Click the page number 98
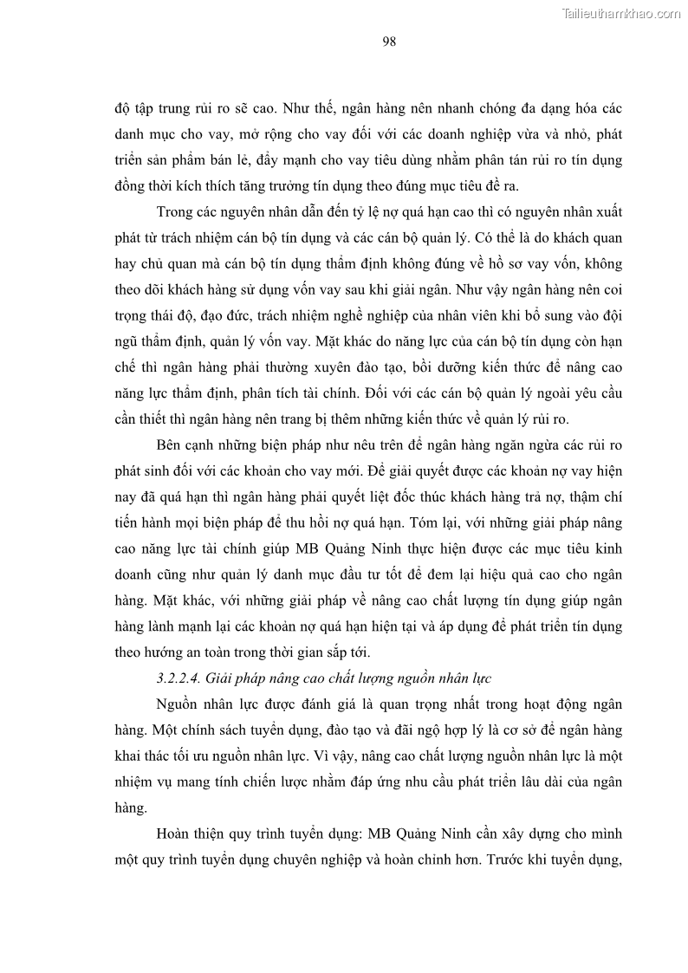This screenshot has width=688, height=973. pyautogui.click(x=389, y=41)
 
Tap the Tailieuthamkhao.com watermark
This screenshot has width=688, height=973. pyautogui.click(x=622, y=13)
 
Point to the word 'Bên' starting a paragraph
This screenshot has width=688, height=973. pyautogui.click(x=170, y=445)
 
